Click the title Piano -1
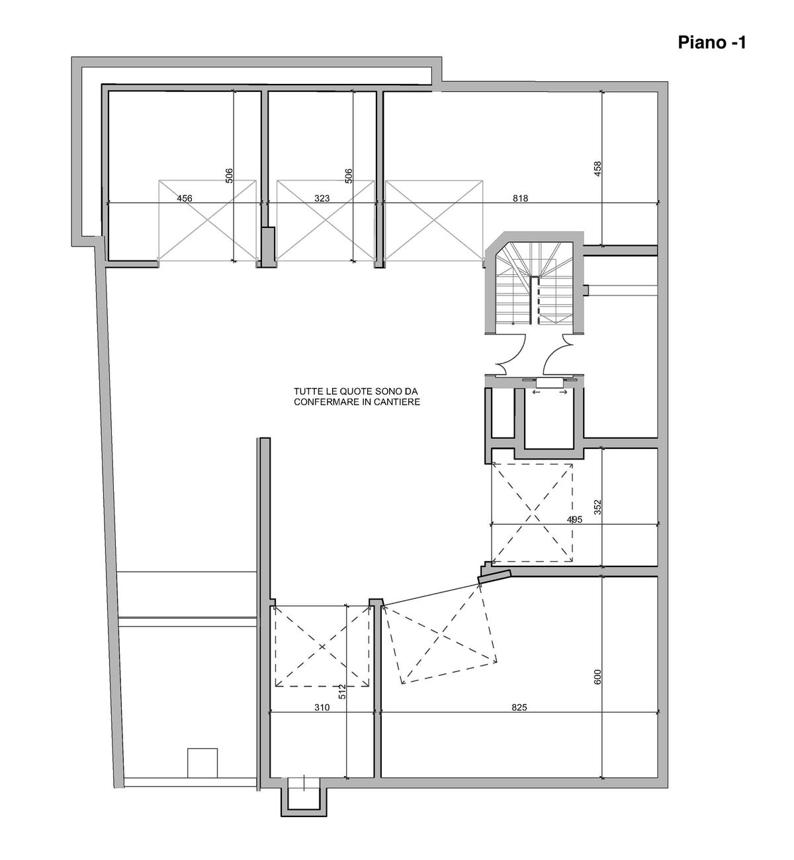(x=711, y=42)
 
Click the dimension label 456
(x=185, y=198)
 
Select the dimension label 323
(x=322, y=198)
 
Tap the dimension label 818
(x=520, y=198)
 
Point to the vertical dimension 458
(x=597, y=169)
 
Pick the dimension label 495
(x=574, y=520)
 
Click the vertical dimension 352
(x=597, y=507)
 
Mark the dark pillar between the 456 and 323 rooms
(x=268, y=247)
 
